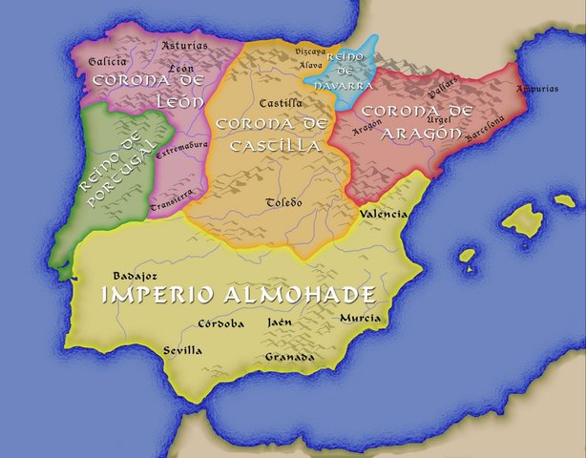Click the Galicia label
[x=107, y=61]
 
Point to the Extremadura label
[x=178, y=149]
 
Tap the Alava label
[x=311, y=65]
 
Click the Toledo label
[x=283, y=202]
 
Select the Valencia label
[x=384, y=215]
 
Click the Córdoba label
[x=220, y=323]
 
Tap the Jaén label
[x=280, y=323]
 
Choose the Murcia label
[x=360, y=318]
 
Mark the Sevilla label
[x=181, y=350]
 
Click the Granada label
[x=290, y=357]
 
